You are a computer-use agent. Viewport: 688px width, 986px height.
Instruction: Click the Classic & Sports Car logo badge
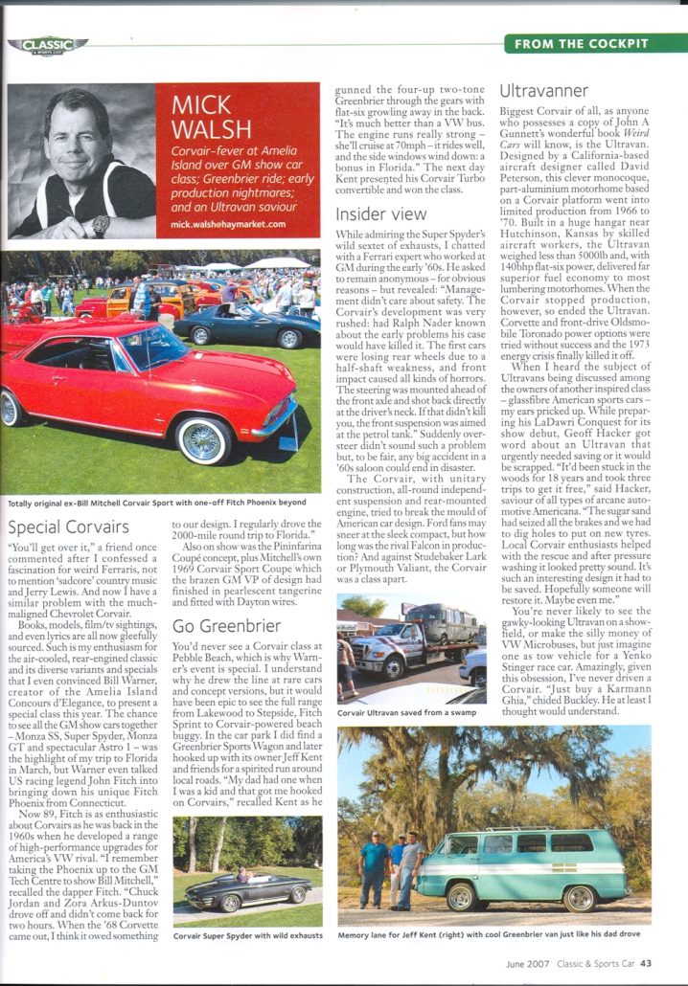(48, 44)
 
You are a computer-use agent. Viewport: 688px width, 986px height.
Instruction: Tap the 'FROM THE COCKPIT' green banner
(594, 43)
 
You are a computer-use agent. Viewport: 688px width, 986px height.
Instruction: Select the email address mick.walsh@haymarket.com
(228, 224)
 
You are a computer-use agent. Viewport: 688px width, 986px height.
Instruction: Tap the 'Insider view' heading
(381, 213)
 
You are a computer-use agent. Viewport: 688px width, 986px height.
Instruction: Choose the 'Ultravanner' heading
(544, 92)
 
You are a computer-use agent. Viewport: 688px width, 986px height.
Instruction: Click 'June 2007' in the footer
(528, 964)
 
